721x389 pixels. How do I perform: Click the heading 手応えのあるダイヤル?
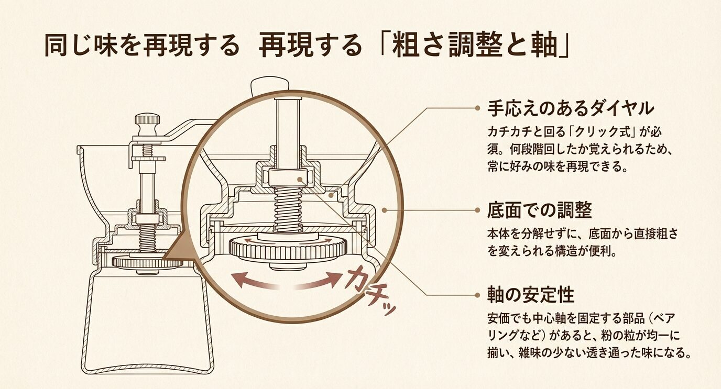[571, 108]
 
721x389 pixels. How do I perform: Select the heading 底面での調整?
[539, 210]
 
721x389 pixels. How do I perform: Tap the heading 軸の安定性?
[530, 295]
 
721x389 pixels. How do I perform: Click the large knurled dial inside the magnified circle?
[289, 251]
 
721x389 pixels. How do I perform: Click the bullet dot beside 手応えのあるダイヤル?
[477, 108]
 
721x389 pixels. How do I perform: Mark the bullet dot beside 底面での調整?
[477, 210]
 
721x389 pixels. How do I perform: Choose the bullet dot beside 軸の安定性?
[477, 295]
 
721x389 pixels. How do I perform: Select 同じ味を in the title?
[84, 46]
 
